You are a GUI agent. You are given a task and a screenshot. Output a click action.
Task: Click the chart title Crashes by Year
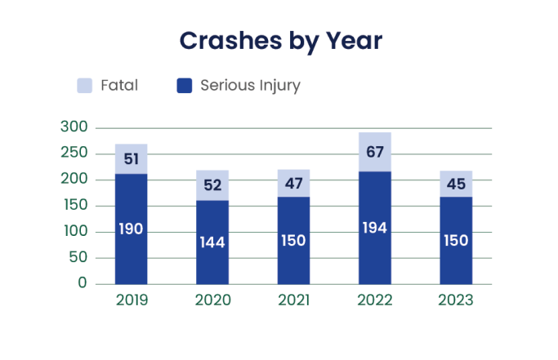point(280,41)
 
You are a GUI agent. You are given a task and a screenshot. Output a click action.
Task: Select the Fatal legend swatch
point(84,86)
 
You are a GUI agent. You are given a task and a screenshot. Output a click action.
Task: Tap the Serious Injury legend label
point(250,86)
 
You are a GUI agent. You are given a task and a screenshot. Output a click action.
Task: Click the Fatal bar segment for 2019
point(131,158)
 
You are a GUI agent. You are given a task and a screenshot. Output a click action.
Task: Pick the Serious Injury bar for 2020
point(212,242)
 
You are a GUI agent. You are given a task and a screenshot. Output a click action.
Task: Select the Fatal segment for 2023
point(456,184)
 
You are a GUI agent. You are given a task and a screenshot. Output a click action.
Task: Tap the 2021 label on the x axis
point(293,300)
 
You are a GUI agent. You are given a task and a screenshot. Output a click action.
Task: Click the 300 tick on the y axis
point(74,127)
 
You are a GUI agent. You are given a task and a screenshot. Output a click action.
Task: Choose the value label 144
point(212,242)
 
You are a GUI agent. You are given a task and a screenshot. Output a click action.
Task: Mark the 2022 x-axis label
point(375,300)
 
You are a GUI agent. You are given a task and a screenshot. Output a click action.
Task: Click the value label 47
point(293,184)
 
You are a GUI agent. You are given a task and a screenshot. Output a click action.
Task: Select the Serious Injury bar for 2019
point(131,229)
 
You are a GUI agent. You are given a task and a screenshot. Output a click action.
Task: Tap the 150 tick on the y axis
point(74,206)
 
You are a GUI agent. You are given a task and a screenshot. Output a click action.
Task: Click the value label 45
point(456,184)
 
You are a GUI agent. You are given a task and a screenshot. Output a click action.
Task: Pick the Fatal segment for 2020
point(212,185)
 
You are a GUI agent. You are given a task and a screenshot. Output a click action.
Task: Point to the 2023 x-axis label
point(456,300)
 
